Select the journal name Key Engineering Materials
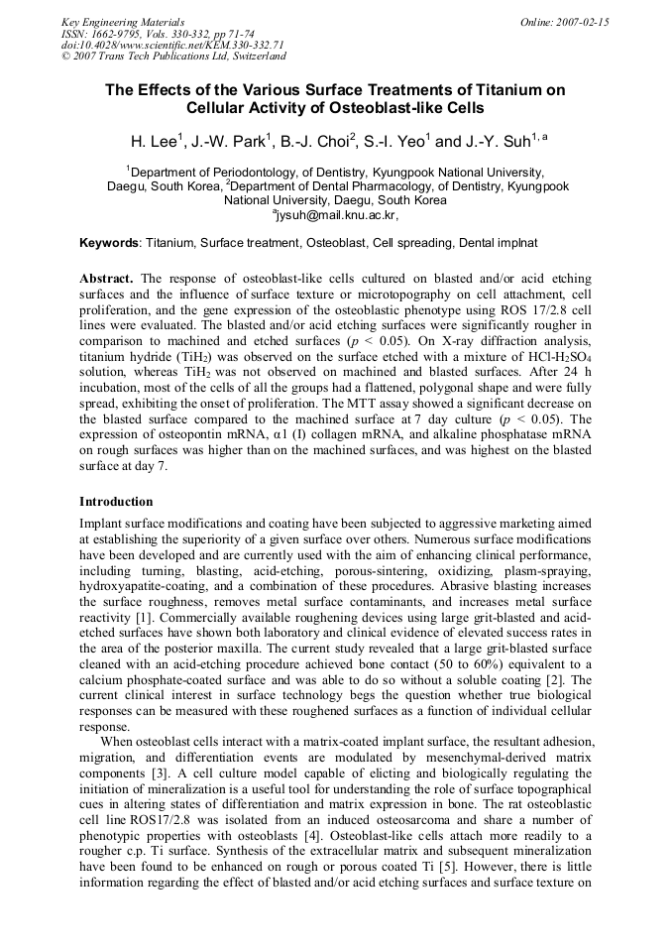[x=123, y=22]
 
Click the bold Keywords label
[x=109, y=242]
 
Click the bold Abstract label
[x=106, y=280]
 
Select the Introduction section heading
[x=116, y=501]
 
